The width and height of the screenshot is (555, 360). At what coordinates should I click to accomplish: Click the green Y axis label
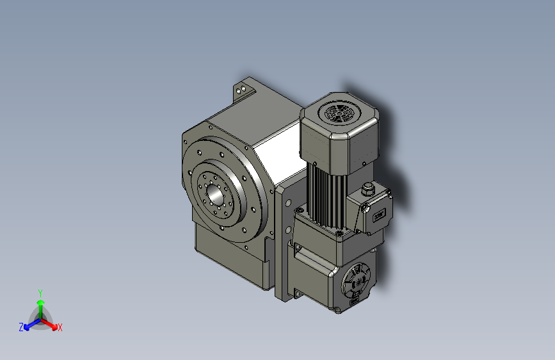click(40, 291)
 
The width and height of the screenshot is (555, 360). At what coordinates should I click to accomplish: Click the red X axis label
click(60, 328)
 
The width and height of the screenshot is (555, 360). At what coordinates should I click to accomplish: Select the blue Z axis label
click(20, 327)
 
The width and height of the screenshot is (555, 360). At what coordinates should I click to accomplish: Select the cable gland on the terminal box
click(367, 189)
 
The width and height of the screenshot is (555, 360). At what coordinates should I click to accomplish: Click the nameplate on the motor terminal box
click(379, 216)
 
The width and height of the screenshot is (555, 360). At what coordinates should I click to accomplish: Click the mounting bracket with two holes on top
click(244, 88)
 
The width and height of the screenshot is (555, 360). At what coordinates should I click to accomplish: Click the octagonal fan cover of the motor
click(338, 138)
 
